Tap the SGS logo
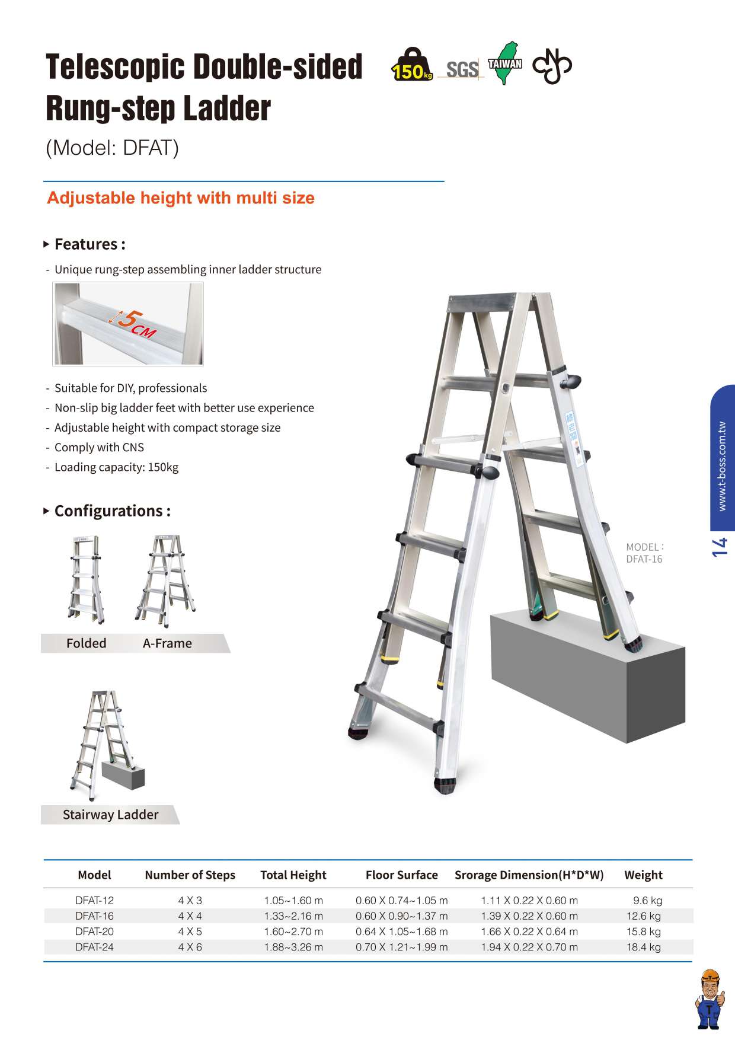tap(462, 69)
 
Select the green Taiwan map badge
tap(505, 63)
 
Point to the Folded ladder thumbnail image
tap(87, 580)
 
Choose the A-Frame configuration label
tap(167, 643)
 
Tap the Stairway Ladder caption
tap(111, 815)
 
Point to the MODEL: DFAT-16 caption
tap(645, 553)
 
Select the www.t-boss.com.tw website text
tap(721, 466)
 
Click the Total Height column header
tap(293, 875)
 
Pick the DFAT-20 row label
tap(94, 931)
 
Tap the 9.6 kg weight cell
tap(648, 901)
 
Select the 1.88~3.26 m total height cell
tap(293, 947)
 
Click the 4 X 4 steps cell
tap(190, 916)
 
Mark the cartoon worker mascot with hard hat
tap(708, 999)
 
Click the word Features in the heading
tap(86, 244)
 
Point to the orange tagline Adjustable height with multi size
tap(181, 198)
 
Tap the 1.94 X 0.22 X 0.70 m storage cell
tap(529, 947)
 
